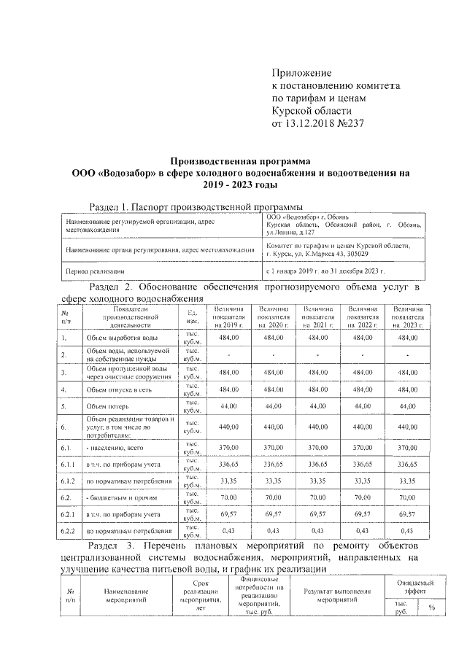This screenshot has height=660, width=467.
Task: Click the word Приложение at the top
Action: click(301, 73)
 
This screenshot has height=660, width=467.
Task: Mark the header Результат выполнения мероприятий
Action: click(336, 595)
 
